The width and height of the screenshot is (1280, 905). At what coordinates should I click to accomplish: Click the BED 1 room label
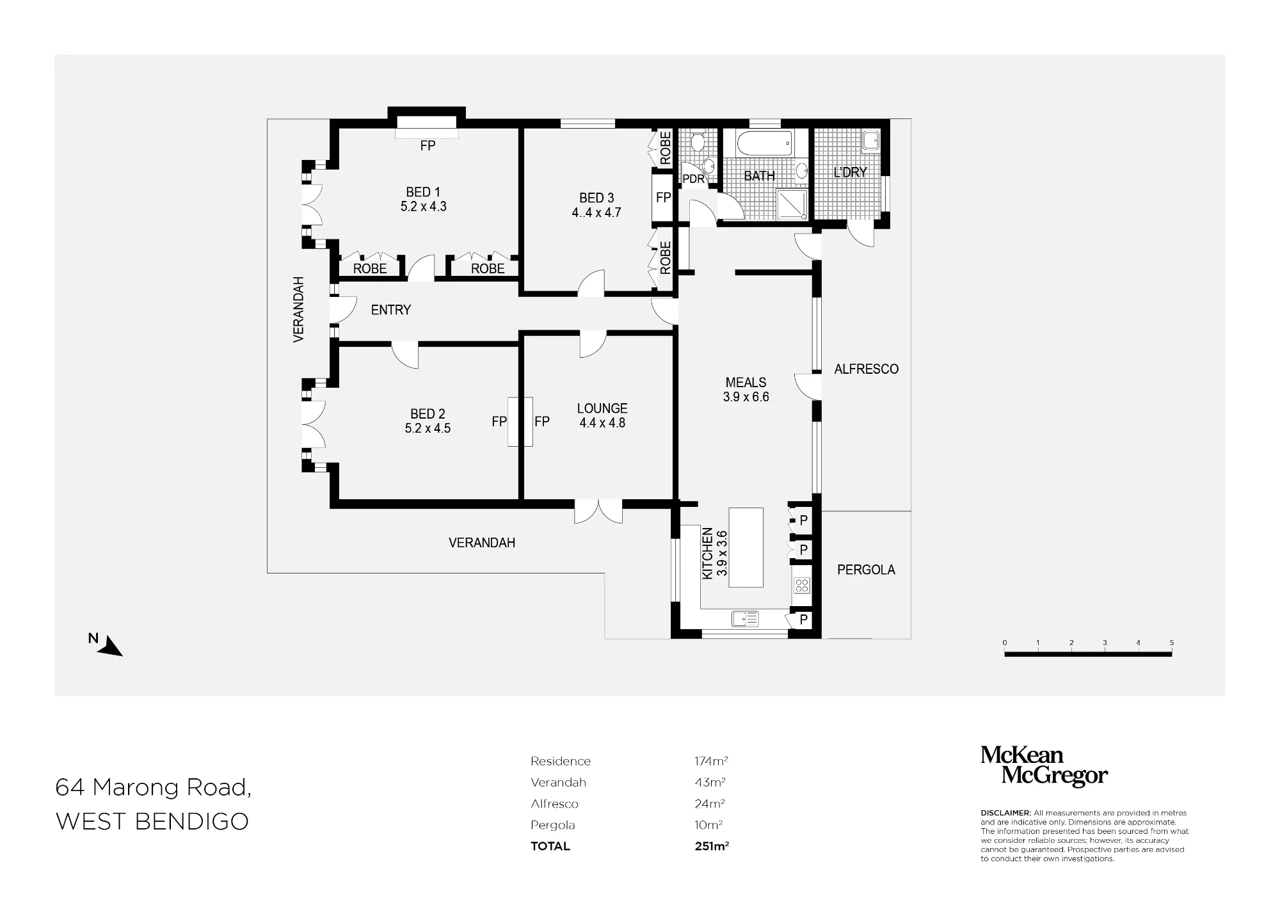coord(423,192)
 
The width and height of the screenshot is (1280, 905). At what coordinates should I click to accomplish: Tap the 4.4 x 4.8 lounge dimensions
coord(602,423)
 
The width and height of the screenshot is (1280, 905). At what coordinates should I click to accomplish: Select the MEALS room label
coord(746,382)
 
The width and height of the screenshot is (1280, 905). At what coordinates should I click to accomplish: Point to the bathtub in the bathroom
coord(764,143)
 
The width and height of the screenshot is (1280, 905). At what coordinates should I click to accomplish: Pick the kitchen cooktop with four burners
coord(802,584)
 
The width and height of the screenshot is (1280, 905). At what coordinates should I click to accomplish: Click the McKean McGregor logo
coord(1044,765)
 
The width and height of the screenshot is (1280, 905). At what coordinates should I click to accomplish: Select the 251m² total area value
coord(712,846)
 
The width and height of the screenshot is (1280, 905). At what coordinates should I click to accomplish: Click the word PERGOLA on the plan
coord(866,570)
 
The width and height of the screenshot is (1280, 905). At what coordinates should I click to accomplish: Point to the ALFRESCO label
coord(867,369)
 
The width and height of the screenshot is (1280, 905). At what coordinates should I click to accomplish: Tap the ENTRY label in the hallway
coord(391,310)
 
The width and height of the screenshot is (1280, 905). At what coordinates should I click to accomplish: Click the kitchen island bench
coord(746,547)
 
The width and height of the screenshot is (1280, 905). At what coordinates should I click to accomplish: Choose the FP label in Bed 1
coord(428,146)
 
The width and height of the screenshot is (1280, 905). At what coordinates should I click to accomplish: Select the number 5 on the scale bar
coord(1171,643)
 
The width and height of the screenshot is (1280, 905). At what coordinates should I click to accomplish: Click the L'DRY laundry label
coord(851,172)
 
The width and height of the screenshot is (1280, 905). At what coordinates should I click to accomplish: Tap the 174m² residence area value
coord(711,761)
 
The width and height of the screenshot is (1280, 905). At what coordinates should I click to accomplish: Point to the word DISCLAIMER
coord(1005,813)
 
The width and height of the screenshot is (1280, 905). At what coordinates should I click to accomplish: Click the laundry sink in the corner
coord(871,141)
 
